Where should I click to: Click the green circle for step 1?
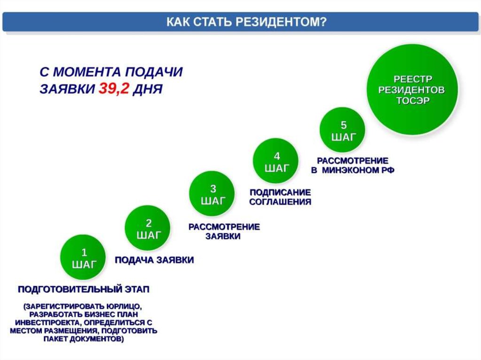pos(83,257)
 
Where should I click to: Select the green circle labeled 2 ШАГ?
pos(147,228)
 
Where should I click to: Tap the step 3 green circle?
pos(212,193)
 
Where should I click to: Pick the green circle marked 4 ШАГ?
pos(276,161)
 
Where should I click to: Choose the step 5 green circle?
pos(342,130)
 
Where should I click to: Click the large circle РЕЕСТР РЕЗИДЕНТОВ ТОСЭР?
pos(412,90)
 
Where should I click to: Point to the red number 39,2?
pos(114,89)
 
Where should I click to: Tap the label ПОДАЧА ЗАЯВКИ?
pos(154,260)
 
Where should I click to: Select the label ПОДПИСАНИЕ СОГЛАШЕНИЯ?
pos(280,197)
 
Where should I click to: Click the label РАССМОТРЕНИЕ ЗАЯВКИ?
pos(224,231)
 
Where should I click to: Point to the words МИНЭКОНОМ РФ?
pos(358,170)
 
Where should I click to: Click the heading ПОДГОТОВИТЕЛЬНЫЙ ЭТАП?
pos(84,289)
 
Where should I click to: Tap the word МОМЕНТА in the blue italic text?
pos(87,72)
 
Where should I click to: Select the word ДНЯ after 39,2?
pos(147,89)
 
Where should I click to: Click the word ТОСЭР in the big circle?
pos(412,100)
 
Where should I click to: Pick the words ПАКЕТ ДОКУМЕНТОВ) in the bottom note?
pos(84,339)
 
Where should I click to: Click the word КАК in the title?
pos(176,22)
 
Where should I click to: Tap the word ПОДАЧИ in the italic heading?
pos(154,72)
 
